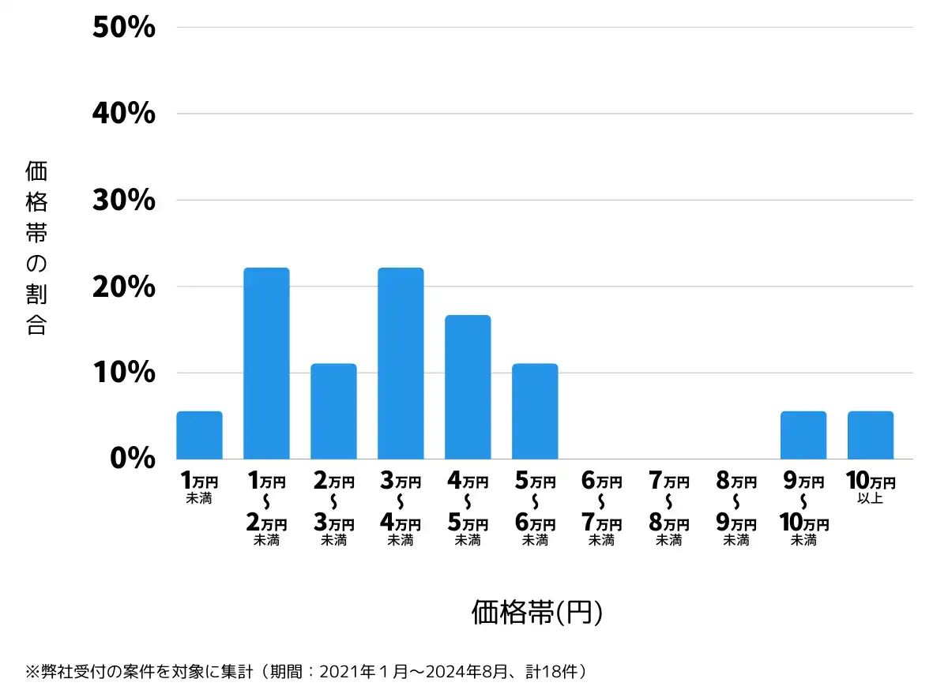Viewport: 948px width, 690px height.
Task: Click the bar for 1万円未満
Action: [x=199, y=435]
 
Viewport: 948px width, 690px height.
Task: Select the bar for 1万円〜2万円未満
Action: [x=266, y=363]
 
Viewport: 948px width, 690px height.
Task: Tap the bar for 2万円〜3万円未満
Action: [x=333, y=411]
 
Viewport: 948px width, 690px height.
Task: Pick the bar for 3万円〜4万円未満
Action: [x=401, y=363]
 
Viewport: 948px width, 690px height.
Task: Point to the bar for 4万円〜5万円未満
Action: [x=468, y=387]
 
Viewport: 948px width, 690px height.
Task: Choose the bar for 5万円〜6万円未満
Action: [x=535, y=411]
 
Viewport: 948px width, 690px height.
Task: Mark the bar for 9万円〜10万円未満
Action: [x=803, y=435]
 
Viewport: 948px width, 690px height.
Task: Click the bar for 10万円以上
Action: [x=871, y=435]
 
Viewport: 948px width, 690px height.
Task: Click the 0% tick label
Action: [x=132, y=459]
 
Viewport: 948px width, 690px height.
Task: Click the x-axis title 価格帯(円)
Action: [x=537, y=613]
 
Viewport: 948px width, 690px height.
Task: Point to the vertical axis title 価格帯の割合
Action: [x=36, y=248]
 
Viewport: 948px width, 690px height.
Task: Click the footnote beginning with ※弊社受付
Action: [x=308, y=672]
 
